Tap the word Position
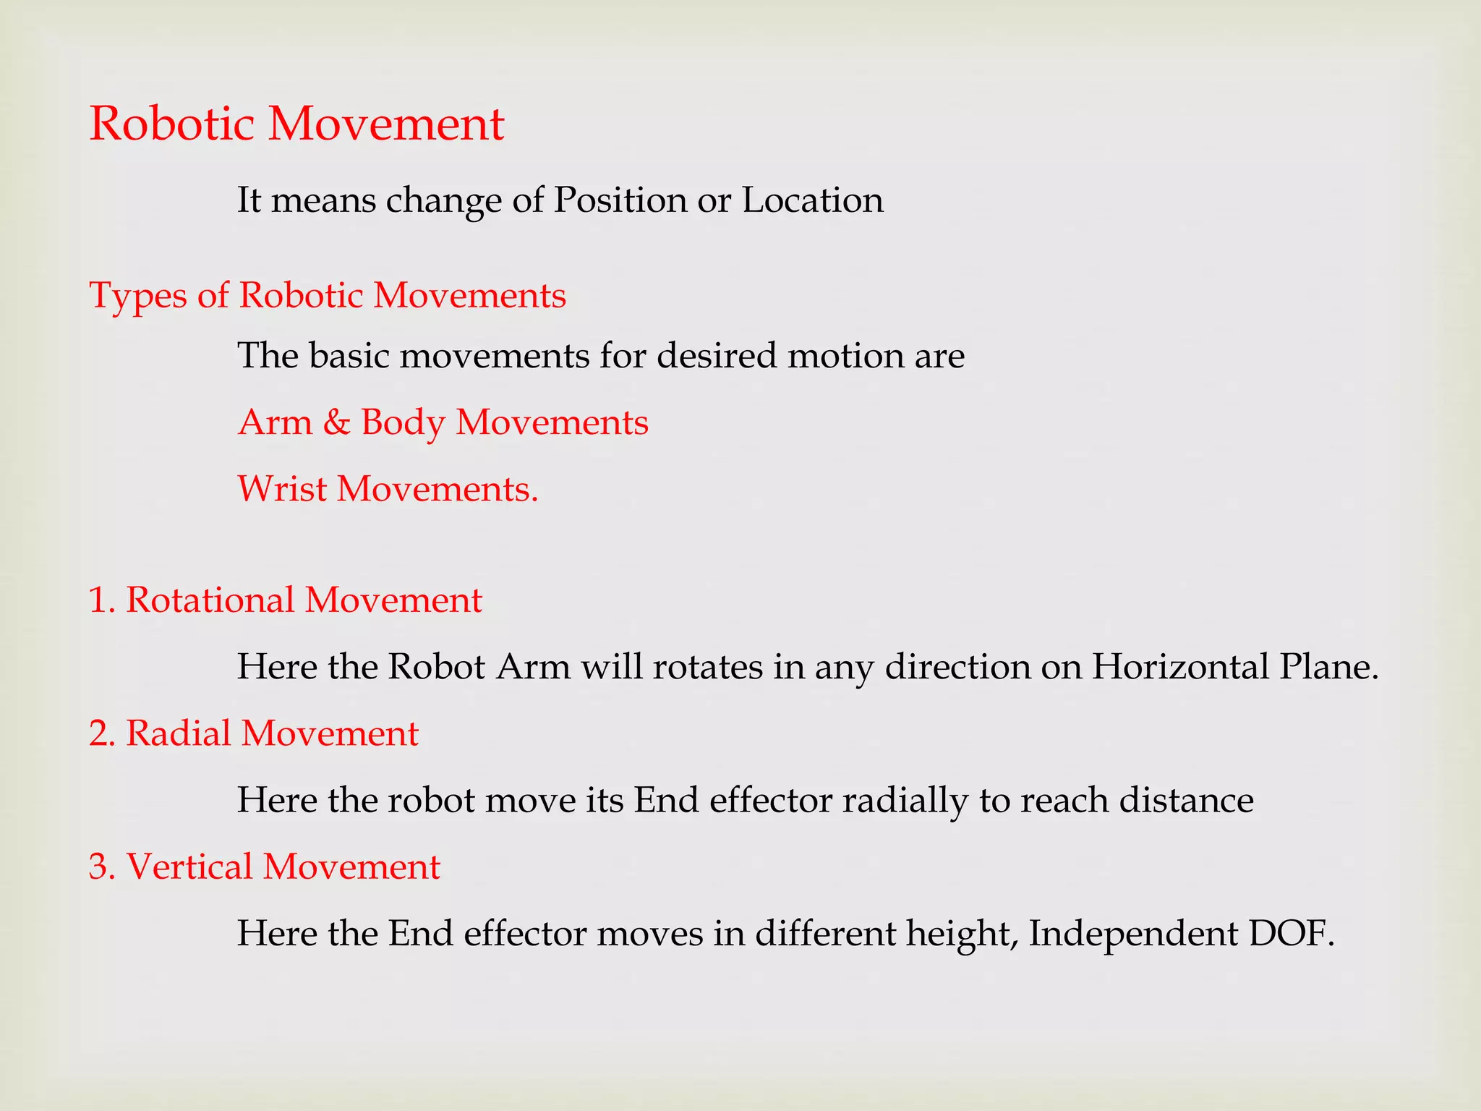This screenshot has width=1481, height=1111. [620, 200]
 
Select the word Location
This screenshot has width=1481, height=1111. [812, 200]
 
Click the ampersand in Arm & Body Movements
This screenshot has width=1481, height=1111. [336, 422]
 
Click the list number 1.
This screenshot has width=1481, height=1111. [101, 600]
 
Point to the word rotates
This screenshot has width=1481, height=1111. [707, 667]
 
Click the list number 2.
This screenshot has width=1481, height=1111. [101, 733]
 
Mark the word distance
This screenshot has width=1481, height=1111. [1186, 801]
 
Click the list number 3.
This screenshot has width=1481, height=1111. [101, 867]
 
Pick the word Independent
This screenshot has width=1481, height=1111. [1132, 934]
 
